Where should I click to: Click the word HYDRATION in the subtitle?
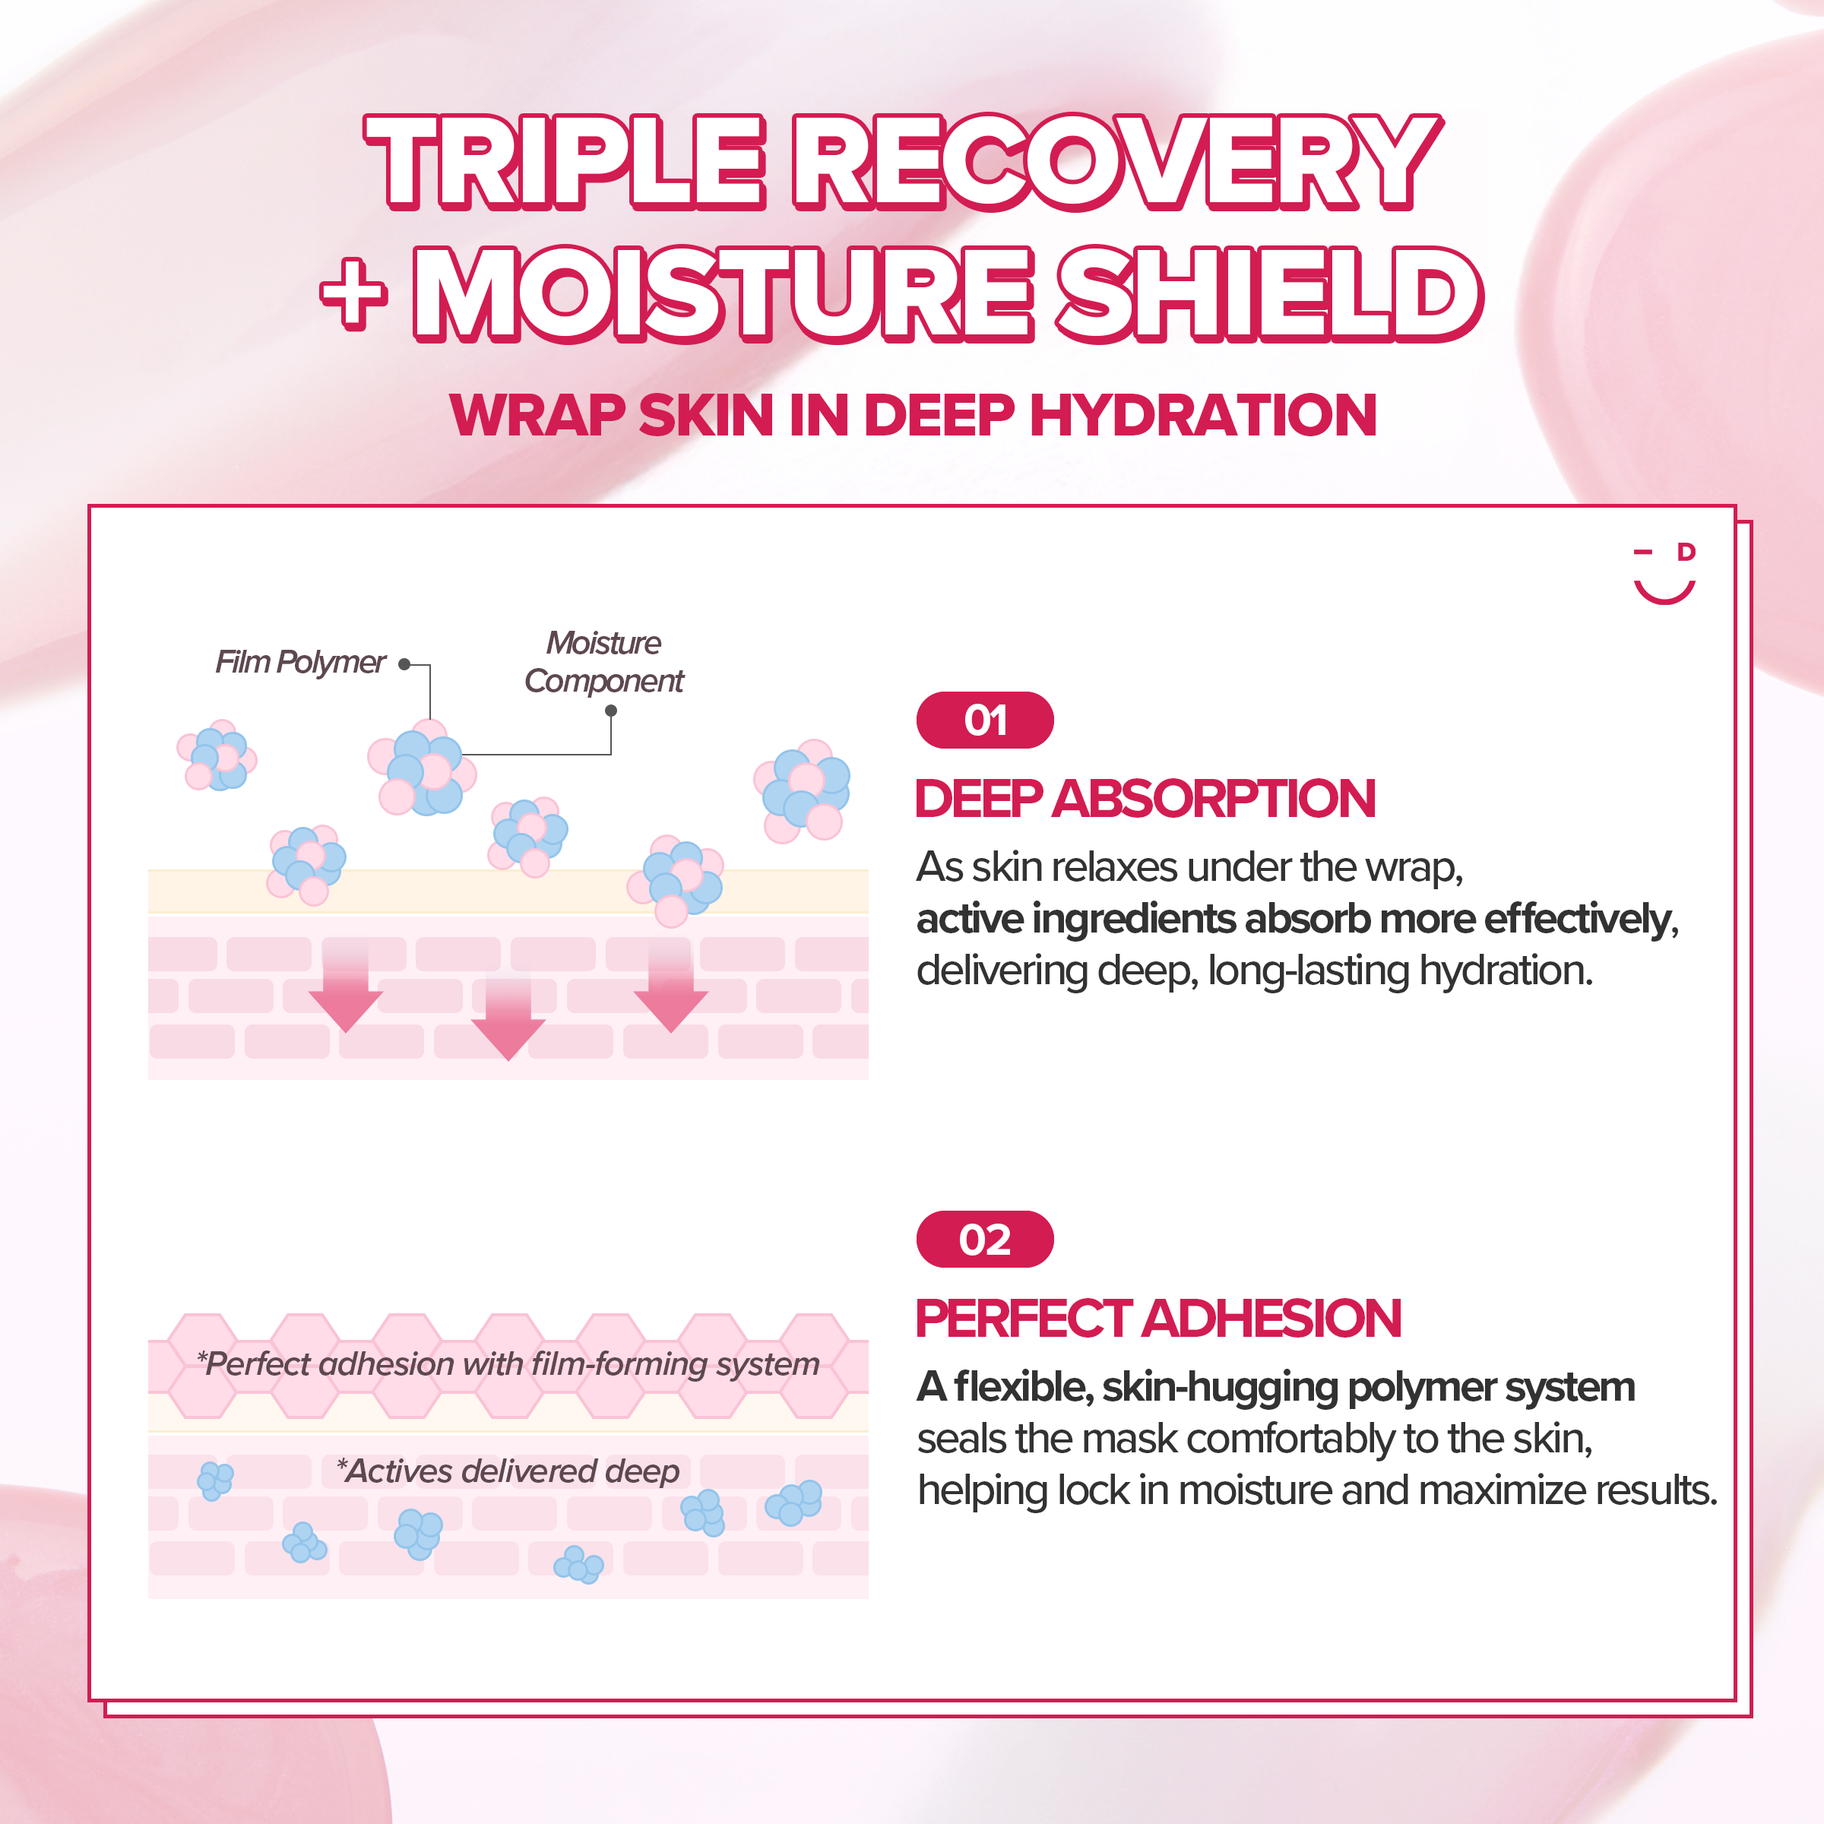(1203, 416)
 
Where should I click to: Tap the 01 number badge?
(985, 720)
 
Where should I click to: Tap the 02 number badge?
(985, 1239)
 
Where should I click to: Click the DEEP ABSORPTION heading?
(1145, 799)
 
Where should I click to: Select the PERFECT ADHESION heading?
(1157, 1318)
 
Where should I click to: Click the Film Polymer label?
(300, 663)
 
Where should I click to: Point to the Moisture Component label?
(604, 662)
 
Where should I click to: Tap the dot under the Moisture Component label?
(611, 711)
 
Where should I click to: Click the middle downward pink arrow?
(508, 1020)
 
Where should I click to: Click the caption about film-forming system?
(508, 1364)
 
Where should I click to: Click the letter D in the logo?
(1686, 553)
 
